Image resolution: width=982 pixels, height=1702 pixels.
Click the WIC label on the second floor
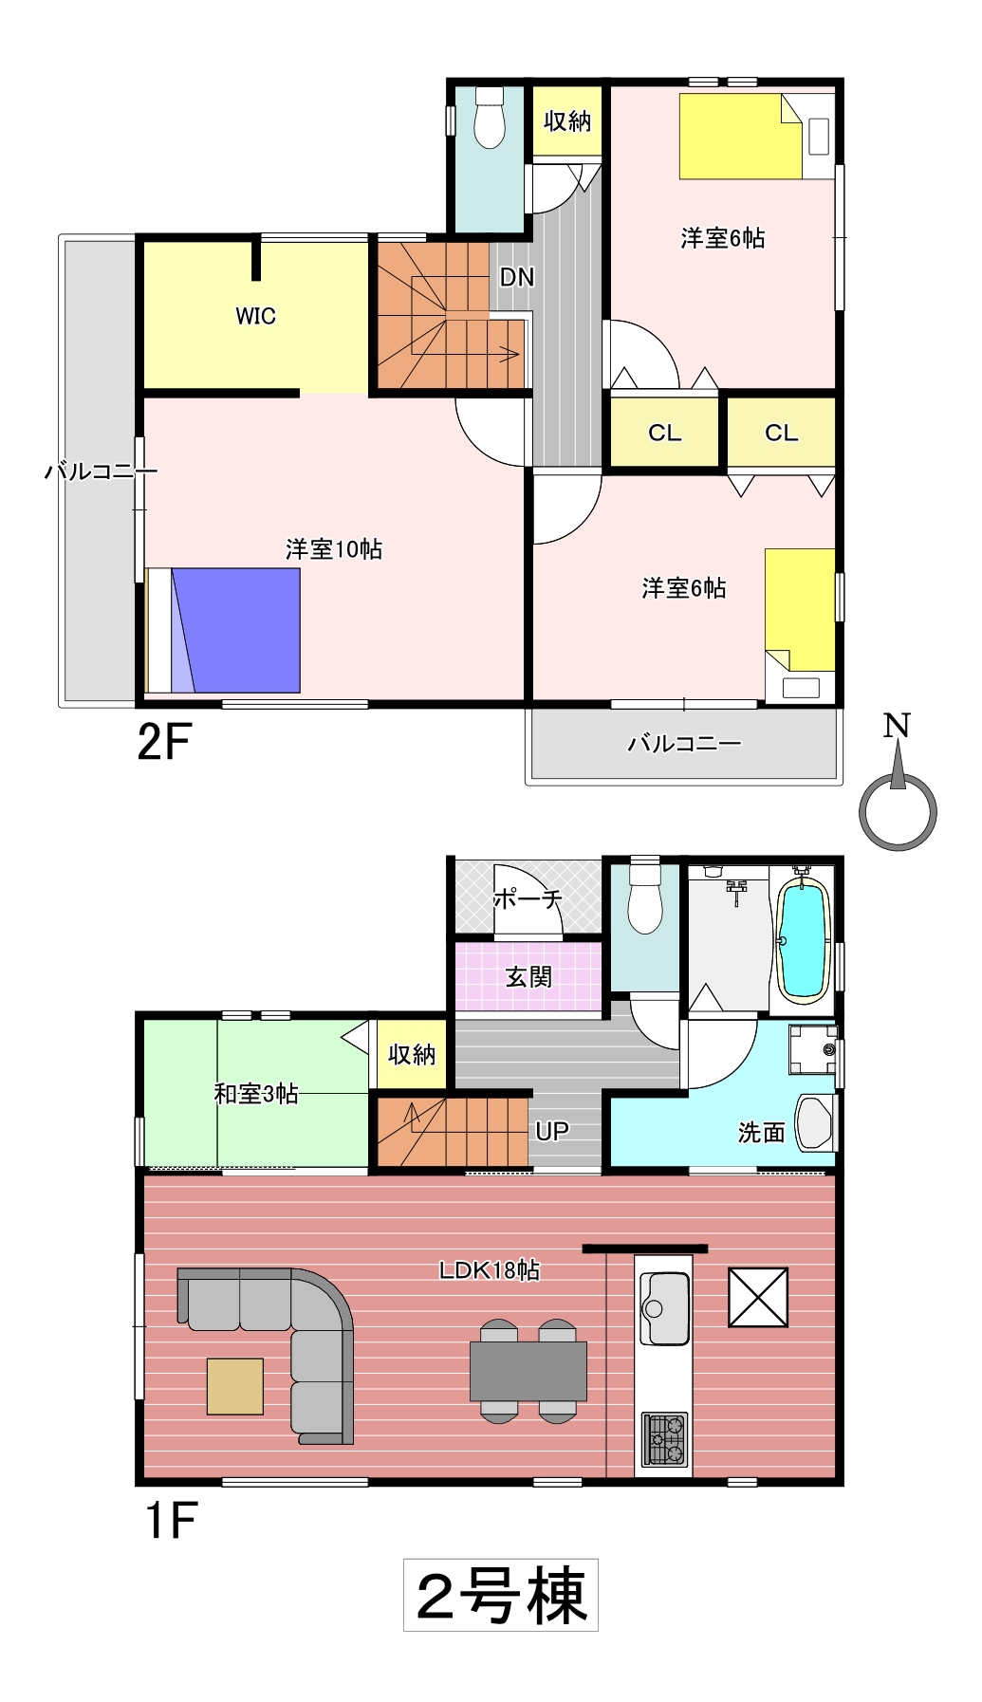pos(255,316)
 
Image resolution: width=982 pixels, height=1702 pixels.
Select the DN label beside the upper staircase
pos(517,277)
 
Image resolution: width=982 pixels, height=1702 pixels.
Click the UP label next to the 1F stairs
pos(552,1131)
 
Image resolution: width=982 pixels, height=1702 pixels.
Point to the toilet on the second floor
pos(490,118)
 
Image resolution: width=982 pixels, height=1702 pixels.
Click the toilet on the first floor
pos(645,897)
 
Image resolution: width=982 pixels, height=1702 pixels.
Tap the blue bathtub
pos(804,939)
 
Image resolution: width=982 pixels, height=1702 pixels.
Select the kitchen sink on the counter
pos(665,1309)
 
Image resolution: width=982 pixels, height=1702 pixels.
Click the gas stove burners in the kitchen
pos(665,1439)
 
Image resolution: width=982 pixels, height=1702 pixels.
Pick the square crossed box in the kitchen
pos(758,1297)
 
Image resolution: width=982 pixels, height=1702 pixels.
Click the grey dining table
pos(528,1371)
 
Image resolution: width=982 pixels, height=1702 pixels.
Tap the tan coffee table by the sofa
pos(235,1386)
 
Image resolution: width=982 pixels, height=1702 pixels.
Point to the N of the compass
pos(897,726)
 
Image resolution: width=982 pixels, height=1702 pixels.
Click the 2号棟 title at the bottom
pos(501,1595)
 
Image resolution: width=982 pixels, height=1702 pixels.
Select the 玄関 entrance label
pos(528,976)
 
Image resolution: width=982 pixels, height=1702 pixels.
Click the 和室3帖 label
pos(256,1094)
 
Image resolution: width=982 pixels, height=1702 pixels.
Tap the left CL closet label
pos(665,433)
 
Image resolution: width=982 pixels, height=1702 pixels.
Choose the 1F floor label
pos(171,1520)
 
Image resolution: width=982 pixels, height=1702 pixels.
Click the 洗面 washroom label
pos(762,1132)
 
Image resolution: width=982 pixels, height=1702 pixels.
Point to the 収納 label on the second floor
pos(567,120)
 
